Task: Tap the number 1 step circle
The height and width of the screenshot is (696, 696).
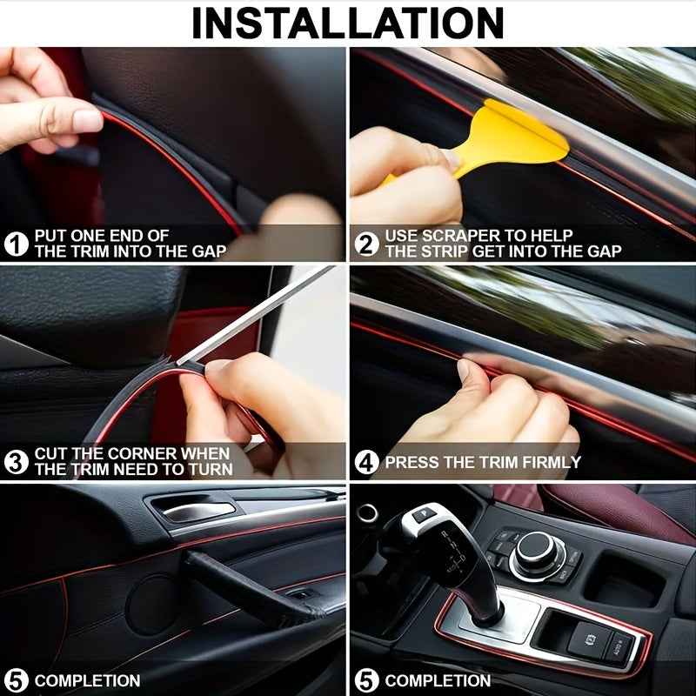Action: pyautogui.click(x=17, y=244)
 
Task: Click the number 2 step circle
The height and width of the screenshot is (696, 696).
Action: pyautogui.click(x=367, y=244)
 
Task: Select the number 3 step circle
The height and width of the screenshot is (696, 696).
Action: pyautogui.click(x=17, y=461)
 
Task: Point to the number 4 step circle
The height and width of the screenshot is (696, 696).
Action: pyautogui.click(x=367, y=462)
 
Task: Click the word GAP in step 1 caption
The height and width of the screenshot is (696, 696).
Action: pyautogui.click(x=210, y=251)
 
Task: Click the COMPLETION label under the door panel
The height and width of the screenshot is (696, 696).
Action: pyautogui.click(x=87, y=680)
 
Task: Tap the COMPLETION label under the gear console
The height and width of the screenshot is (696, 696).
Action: pyautogui.click(x=438, y=680)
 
